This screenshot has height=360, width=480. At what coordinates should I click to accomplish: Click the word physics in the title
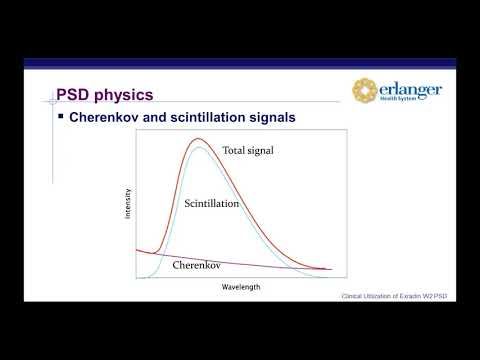click(124, 97)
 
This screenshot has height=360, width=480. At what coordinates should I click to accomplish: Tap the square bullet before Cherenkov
click(59, 117)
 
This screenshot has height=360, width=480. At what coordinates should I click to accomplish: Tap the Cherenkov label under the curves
click(196, 265)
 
